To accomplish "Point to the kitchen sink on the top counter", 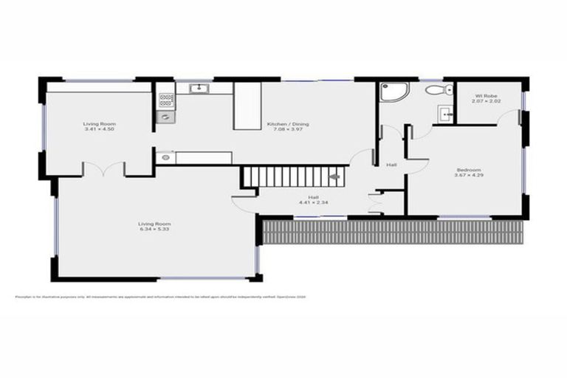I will pos(197,89).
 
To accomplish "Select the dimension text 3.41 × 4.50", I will pos(98,129).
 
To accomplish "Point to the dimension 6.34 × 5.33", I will pos(154,229).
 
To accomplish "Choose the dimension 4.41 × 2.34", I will pos(313,202).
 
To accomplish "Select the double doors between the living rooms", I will pos(103,170).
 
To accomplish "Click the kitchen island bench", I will pos(247,106).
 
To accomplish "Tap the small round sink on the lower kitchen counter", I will pos(165,157).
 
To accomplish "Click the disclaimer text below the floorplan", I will pos(160,297).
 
